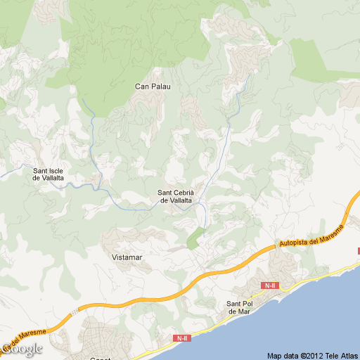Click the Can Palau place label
click(x=153, y=86)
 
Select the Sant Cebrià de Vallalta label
click(x=175, y=197)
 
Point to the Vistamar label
click(x=127, y=257)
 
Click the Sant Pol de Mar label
click(x=238, y=307)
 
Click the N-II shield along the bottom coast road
click(x=182, y=338)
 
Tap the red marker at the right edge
click(x=358, y=250)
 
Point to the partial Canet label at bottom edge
click(x=101, y=358)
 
